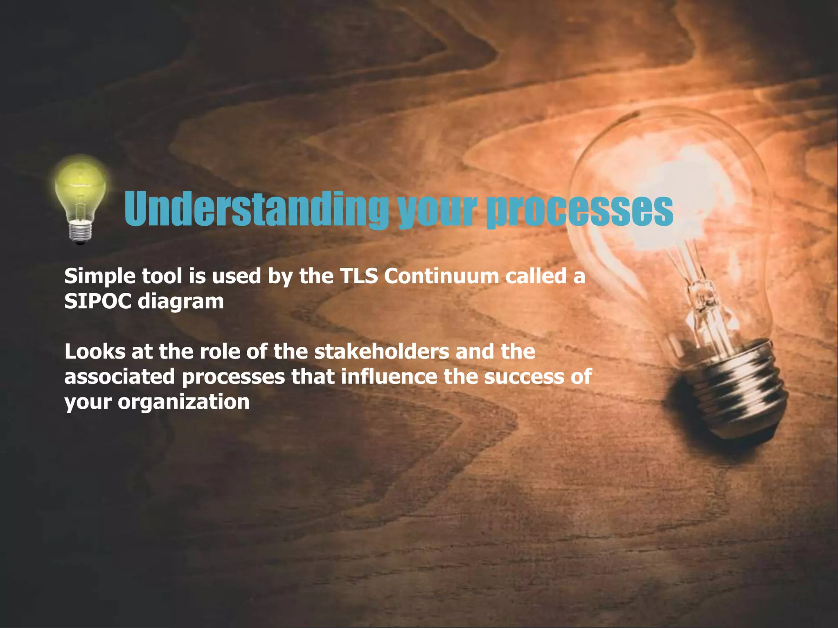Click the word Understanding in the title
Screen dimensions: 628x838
pos(256,209)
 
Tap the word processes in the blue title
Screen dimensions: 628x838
pos(579,210)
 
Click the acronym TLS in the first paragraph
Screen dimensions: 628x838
pos(358,276)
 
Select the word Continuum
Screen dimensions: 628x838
pos(441,276)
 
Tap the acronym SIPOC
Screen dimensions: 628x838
pos(98,301)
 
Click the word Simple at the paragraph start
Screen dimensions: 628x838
pos(99,277)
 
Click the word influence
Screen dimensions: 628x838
pos(389,377)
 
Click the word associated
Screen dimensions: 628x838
pos(119,377)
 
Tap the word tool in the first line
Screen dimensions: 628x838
pos(162,276)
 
